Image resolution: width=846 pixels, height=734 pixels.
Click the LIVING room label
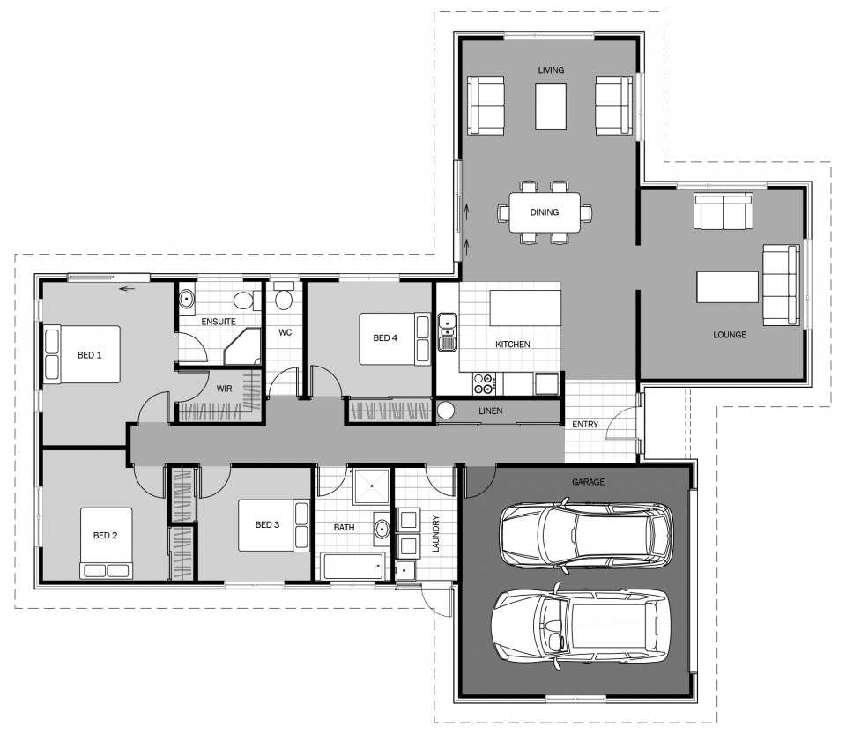coord(551,70)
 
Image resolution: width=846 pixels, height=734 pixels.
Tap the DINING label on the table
coord(545,212)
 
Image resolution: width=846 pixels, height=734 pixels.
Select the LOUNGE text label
coord(730,335)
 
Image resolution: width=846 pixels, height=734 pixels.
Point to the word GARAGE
coord(588,482)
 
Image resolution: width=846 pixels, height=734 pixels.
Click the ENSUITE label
coord(219,322)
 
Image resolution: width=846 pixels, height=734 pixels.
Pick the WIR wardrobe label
coord(224,389)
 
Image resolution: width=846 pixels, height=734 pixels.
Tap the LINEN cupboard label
coord(491,411)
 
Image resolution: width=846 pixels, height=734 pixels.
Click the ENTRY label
coord(585,425)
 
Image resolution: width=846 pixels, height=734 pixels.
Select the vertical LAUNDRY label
coord(436,533)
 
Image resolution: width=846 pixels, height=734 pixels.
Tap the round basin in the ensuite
coord(187,298)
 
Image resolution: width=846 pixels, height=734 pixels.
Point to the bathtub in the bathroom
coord(354,567)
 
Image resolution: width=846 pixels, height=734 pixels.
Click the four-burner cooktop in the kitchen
coord(483,383)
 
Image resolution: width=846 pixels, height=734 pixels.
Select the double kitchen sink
coord(448,331)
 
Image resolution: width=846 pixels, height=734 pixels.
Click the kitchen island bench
coord(525,308)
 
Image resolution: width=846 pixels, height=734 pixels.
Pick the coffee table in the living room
coord(551,106)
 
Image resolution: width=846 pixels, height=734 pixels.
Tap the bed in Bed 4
coord(395,339)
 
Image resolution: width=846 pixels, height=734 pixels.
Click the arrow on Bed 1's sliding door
coord(126,289)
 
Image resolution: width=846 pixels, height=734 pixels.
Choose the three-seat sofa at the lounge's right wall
coord(781,285)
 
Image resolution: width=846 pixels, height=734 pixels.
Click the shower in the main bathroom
coord(371,486)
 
